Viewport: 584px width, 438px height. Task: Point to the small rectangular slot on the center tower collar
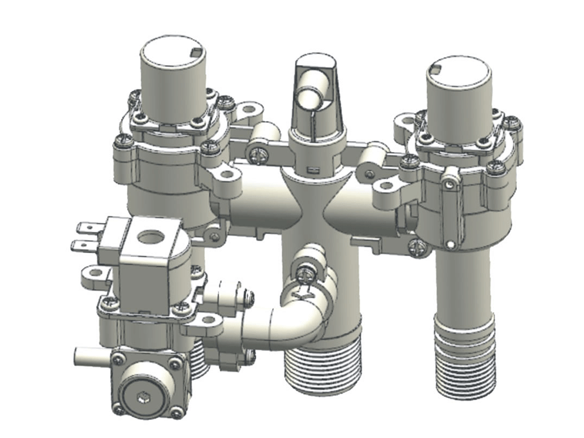[314, 171]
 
